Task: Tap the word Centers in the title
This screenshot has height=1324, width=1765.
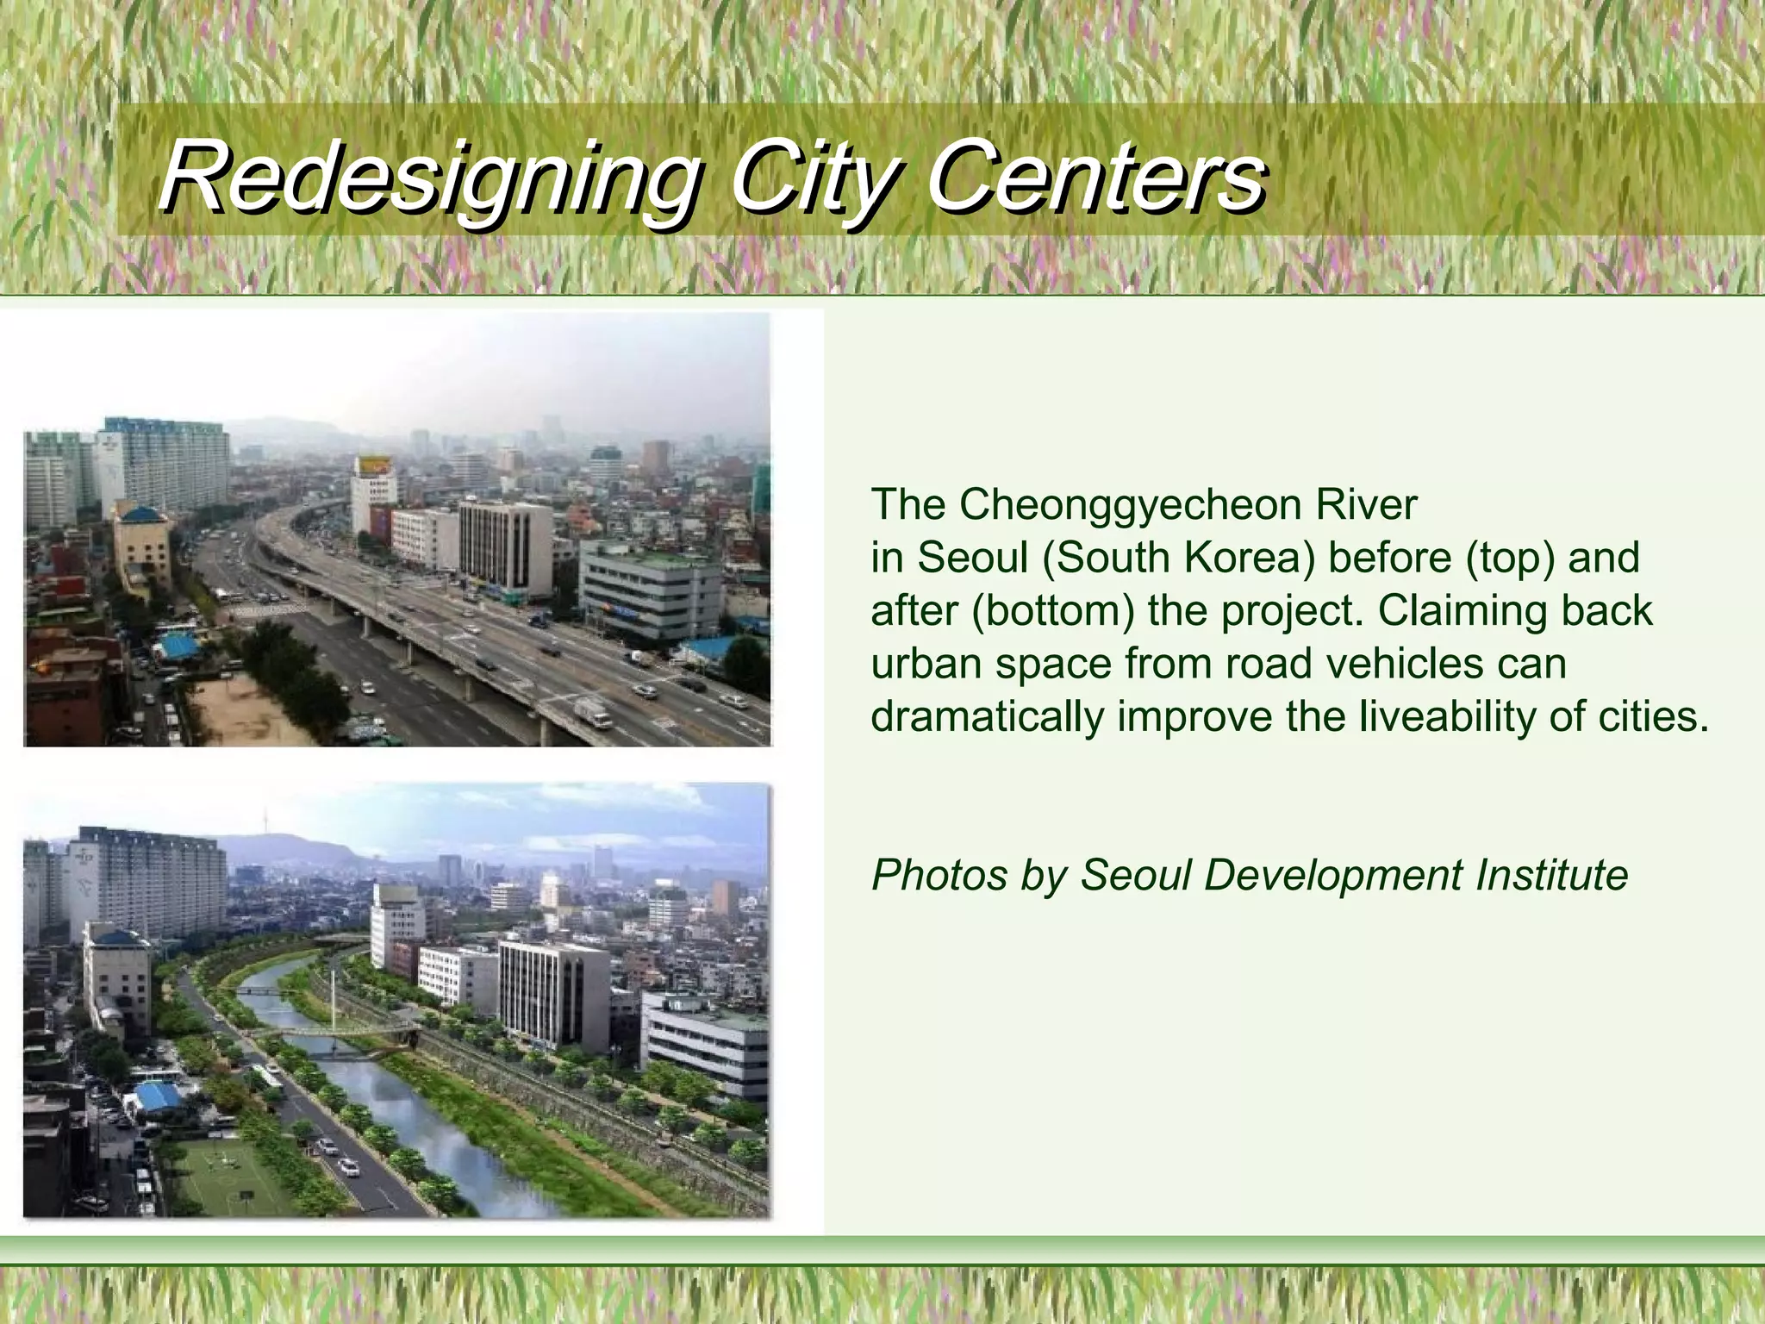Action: tap(1095, 179)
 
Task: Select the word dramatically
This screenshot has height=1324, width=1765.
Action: tap(986, 717)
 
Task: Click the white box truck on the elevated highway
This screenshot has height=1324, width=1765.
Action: tap(592, 712)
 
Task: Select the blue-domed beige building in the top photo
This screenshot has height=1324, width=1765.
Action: tap(141, 543)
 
